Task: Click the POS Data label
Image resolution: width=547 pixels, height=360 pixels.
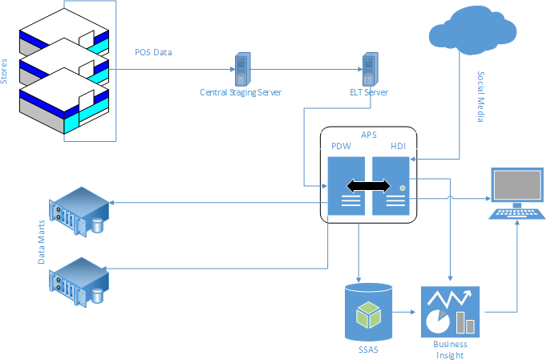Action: point(152,52)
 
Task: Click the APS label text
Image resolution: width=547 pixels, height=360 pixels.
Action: point(369,136)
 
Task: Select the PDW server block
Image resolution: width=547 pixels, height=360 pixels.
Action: point(347,187)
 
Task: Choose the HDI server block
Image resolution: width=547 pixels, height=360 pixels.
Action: point(391,187)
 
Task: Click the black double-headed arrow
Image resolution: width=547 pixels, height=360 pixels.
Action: point(369,186)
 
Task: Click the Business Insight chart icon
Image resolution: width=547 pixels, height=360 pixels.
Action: point(449,311)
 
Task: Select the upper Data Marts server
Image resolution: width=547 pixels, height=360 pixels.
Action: point(79,210)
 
